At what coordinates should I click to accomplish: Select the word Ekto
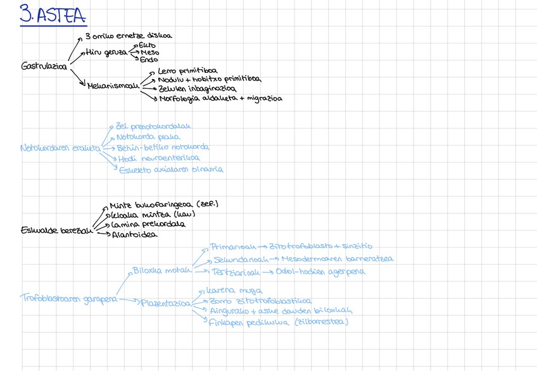[147, 45]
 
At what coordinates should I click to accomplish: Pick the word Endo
[149, 60]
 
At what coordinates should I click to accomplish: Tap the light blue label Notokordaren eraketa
[61, 149]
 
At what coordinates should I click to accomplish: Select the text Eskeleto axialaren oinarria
[171, 169]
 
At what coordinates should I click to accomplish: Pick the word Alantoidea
[135, 235]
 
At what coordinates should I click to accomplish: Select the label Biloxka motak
[161, 270]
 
